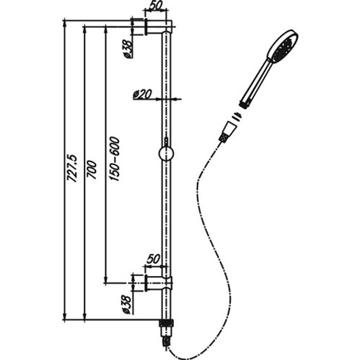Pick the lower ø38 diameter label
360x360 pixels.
[125, 301]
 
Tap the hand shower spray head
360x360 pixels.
[282, 47]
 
